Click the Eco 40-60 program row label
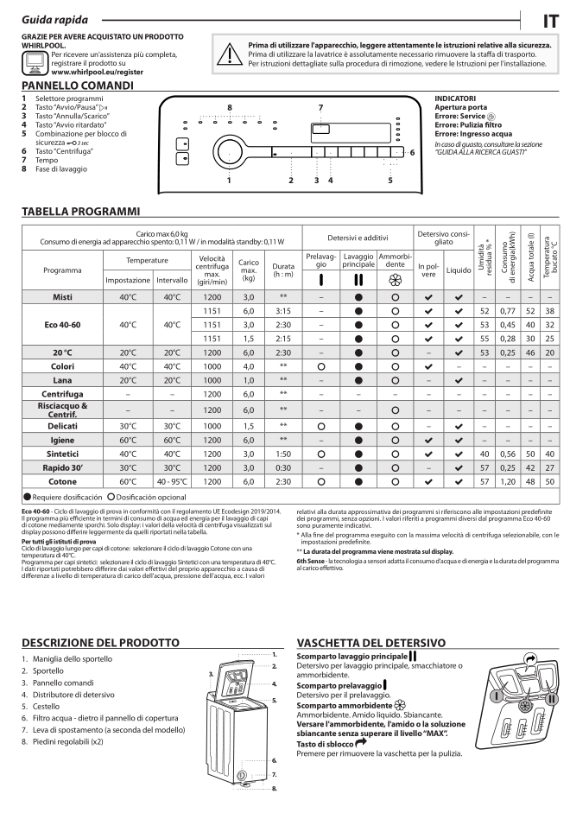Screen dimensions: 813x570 (x=62, y=325)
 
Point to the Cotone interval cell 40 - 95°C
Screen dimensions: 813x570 (x=173, y=480)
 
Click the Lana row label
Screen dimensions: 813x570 (x=62, y=380)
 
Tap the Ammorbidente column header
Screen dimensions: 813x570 (x=396, y=260)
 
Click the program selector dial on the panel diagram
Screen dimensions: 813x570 (x=230, y=149)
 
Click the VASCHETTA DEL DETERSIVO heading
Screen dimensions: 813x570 (x=371, y=643)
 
